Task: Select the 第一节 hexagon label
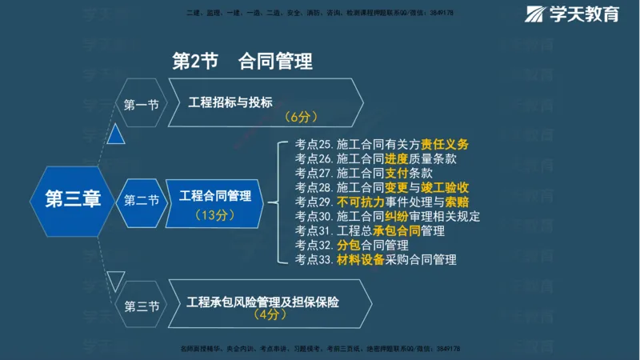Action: point(141,104)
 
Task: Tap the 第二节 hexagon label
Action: point(141,200)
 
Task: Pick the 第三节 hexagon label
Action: point(141,306)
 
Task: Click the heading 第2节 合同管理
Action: point(242,61)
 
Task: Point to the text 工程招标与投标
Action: point(230,102)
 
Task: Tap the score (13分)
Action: point(214,215)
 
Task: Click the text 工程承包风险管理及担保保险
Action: point(262,302)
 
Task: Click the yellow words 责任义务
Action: point(445,144)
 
